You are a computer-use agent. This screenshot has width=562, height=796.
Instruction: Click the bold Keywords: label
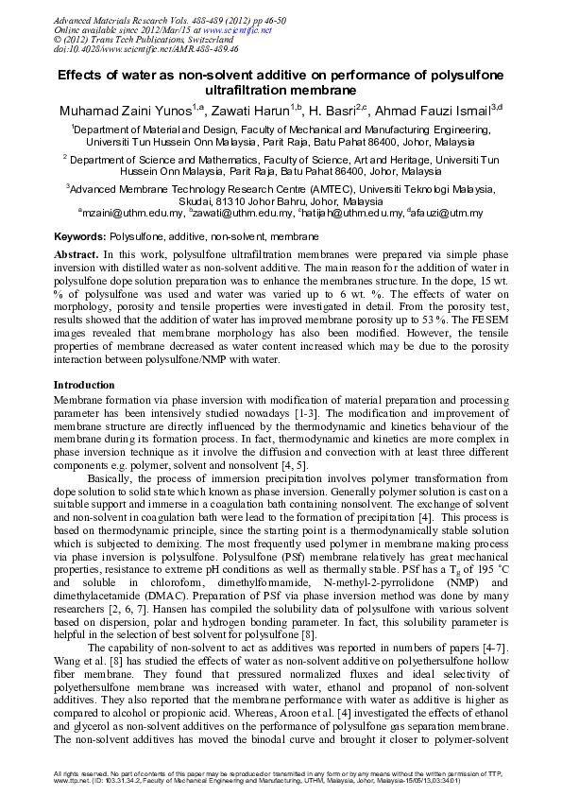pos(80,235)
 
